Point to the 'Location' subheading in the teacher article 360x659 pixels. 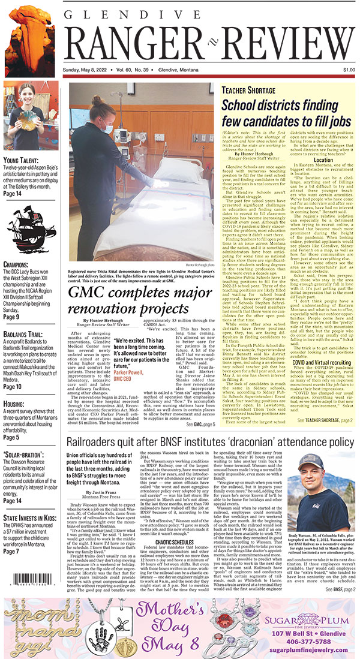323,160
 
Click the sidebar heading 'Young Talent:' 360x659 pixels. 23,161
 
